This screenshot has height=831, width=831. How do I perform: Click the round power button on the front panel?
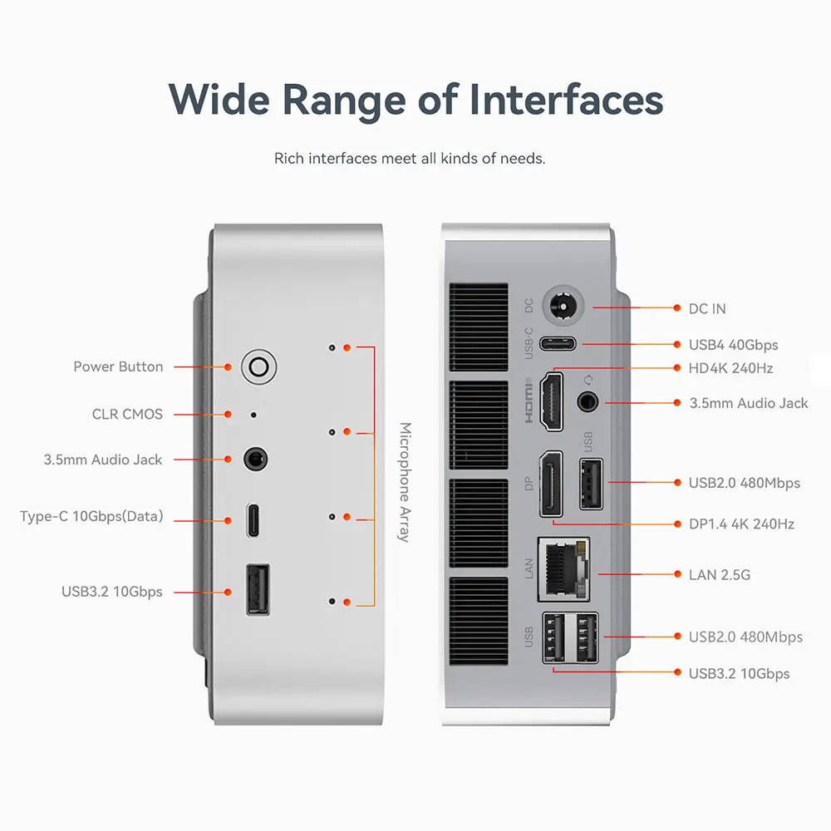coord(258,366)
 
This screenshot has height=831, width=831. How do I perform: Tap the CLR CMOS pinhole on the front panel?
coord(253,414)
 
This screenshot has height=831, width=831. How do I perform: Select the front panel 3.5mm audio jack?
coord(256,459)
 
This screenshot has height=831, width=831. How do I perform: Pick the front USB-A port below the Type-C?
coord(258,590)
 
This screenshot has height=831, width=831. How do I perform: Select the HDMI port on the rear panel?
coord(552,401)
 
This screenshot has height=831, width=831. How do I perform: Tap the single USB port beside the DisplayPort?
coord(590,484)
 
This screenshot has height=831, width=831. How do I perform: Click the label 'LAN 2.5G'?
coord(719,574)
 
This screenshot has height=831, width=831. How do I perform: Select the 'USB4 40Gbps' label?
coord(733,344)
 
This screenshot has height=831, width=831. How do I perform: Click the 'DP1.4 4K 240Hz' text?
coord(741,524)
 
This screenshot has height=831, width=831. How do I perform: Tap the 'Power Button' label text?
coord(118,366)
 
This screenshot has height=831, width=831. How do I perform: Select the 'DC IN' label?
coord(707,308)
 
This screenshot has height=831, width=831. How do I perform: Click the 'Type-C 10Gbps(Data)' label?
coord(91,517)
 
